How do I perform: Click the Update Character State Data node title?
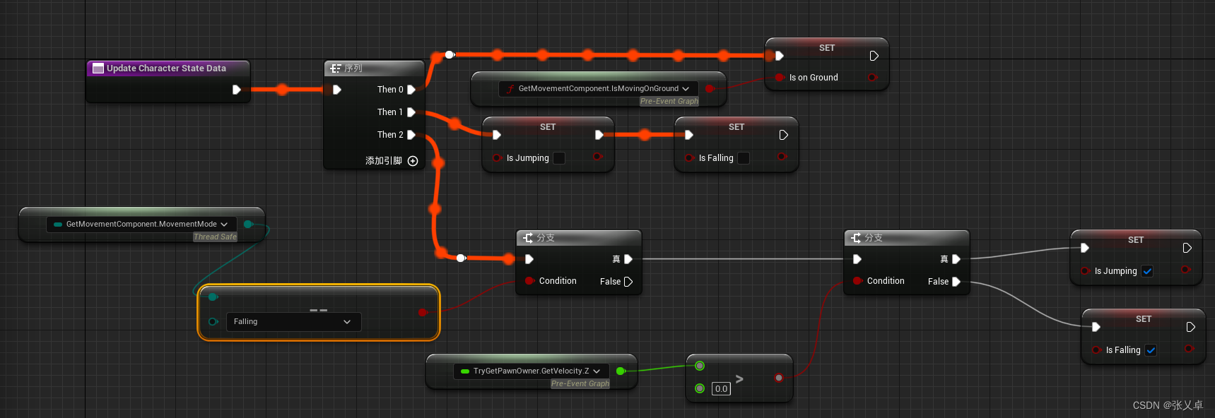click(166, 68)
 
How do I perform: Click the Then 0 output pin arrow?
click(411, 90)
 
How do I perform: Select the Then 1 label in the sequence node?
click(389, 112)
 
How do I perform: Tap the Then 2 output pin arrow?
click(411, 135)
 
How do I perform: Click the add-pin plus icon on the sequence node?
click(413, 161)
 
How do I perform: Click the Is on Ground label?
click(813, 78)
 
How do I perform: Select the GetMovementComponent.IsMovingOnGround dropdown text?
click(598, 89)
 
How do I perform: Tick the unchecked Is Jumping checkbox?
click(559, 158)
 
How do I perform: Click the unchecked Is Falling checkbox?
click(744, 158)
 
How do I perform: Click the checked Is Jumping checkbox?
click(1147, 271)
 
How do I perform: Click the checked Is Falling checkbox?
click(1151, 350)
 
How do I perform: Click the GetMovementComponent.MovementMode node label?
click(141, 225)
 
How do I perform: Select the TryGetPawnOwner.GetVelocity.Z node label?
click(531, 371)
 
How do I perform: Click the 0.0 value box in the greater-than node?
click(721, 389)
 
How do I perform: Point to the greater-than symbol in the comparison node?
click(739, 379)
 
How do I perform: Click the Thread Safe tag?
click(215, 237)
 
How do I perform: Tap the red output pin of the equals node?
click(423, 312)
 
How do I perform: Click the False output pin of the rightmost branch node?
click(956, 282)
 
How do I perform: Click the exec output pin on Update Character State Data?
click(237, 90)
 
